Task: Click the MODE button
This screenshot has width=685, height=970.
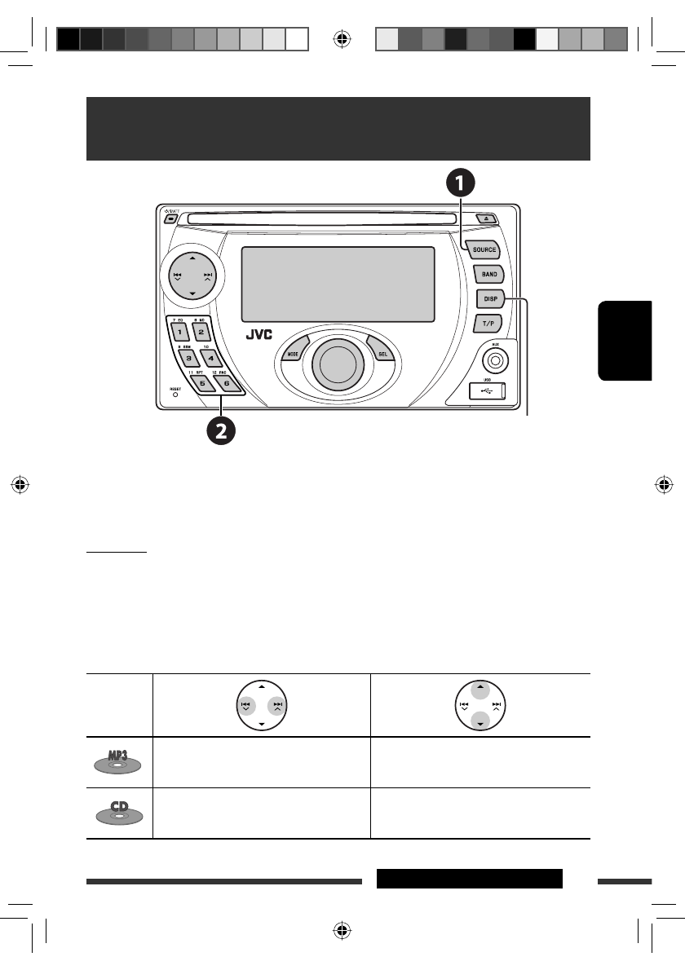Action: pyautogui.click(x=292, y=355)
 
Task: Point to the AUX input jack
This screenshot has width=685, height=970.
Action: pyautogui.click(x=494, y=357)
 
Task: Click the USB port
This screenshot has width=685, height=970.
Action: pyautogui.click(x=487, y=392)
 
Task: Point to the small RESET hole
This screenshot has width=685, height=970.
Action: pyautogui.click(x=175, y=396)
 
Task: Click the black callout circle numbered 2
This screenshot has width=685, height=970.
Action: pyautogui.click(x=221, y=430)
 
